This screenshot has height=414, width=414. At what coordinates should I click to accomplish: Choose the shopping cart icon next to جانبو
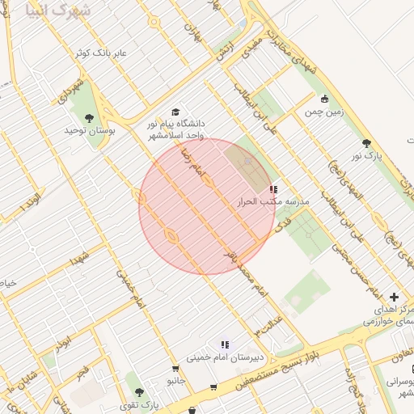(x=213, y=387)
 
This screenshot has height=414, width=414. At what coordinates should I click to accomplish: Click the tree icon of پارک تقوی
(x=138, y=392)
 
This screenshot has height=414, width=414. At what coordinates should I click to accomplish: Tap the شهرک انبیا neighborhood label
(x=59, y=11)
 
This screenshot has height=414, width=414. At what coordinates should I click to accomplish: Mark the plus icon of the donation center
(x=394, y=298)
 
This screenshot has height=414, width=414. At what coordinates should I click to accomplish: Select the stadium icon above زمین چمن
(x=324, y=99)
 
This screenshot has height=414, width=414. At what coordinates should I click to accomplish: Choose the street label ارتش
(x=226, y=51)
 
